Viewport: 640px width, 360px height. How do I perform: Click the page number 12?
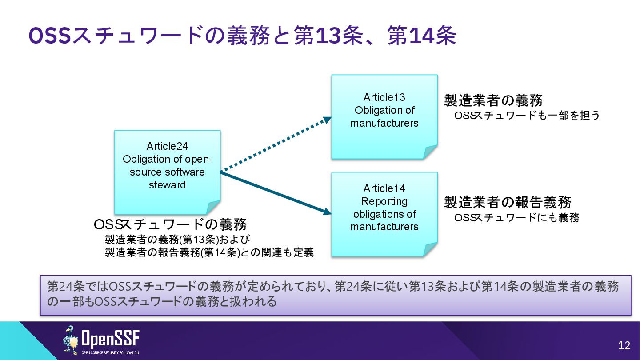[x=624, y=345]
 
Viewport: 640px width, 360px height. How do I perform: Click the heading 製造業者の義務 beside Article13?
[x=493, y=100]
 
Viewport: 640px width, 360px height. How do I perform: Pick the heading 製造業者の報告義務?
[x=508, y=202]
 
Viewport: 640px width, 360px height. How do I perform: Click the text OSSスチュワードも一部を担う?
[x=527, y=116]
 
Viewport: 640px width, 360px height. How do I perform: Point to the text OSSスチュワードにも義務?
[x=517, y=218]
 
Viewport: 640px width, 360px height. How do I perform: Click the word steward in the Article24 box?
[x=167, y=185]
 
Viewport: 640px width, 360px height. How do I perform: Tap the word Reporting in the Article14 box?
[x=384, y=201]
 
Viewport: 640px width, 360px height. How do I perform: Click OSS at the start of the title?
[x=50, y=36]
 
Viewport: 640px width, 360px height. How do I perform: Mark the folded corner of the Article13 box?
[x=430, y=152]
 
